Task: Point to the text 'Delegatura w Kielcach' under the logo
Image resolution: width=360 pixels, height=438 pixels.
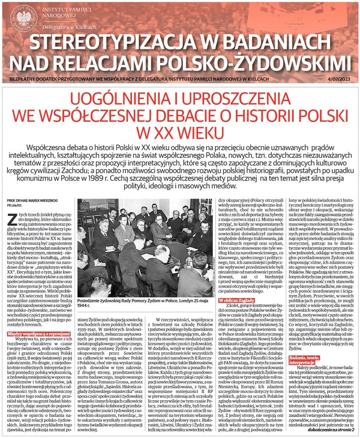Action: (76, 29)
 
